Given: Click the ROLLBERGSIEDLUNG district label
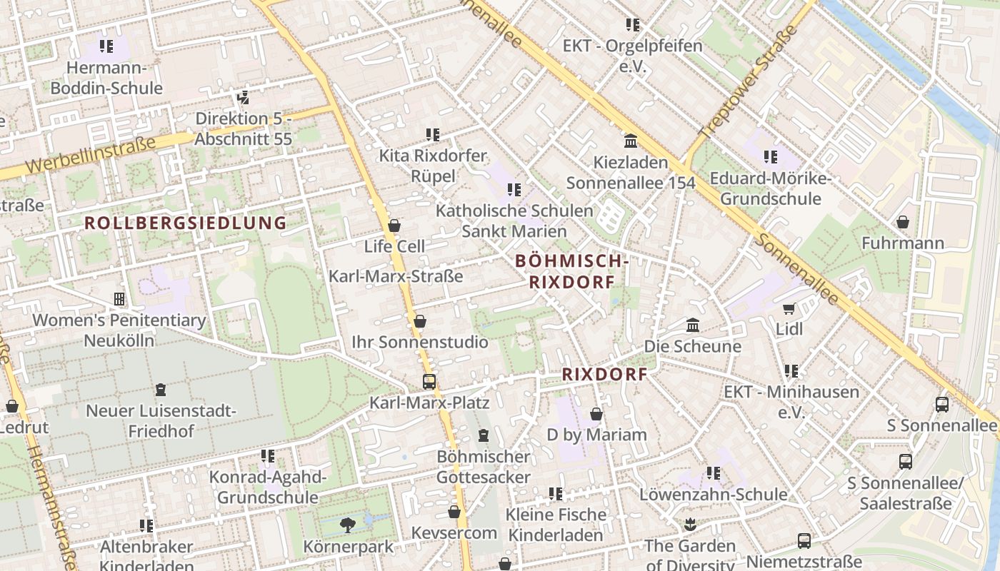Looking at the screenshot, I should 186,223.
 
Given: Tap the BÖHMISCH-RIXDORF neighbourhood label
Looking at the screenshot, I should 571,272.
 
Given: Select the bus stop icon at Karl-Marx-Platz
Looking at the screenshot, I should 429,382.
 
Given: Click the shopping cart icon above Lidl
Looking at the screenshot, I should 789,308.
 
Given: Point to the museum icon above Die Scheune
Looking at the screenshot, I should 692,325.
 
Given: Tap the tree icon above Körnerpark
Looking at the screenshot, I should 348,525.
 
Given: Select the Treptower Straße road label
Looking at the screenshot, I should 747,82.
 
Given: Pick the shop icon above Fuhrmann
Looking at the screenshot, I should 903,222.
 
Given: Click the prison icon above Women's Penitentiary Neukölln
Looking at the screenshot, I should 119,299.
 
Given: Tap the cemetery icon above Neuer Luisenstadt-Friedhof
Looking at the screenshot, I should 161,390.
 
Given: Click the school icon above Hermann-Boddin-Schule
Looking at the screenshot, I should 106,47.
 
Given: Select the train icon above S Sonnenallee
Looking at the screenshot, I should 941,404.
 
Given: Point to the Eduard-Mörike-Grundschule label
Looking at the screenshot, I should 770,188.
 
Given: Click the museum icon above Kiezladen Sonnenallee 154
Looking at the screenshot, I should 631,141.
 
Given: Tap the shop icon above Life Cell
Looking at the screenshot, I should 394,226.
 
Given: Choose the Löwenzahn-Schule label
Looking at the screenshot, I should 713,494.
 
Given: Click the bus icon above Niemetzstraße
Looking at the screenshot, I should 804,540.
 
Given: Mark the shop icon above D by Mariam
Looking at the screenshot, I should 596,414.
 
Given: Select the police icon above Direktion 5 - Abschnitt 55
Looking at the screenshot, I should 243,97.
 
